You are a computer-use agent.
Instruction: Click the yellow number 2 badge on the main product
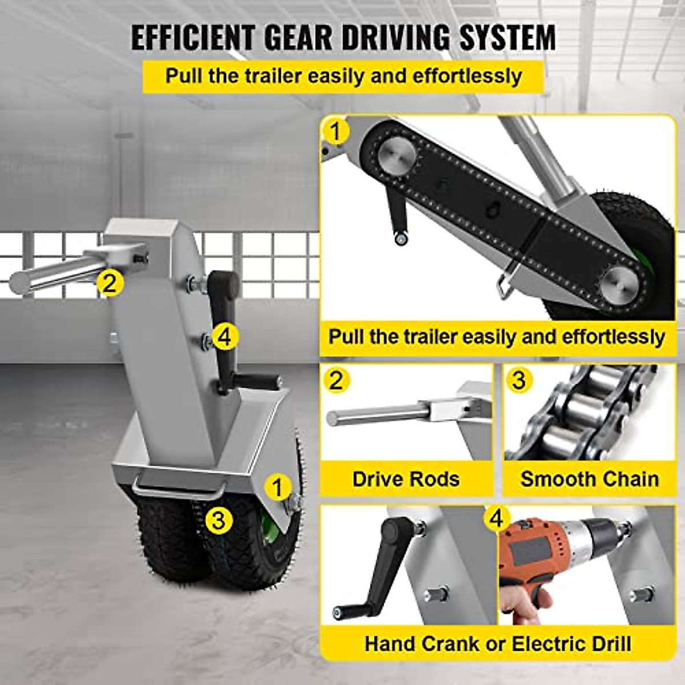pyautogui.click(x=110, y=283)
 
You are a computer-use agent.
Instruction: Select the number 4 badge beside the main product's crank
pyautogui.click(x=224, y=337)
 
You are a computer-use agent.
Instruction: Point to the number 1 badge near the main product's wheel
pyautogui.click(x=278, y=488)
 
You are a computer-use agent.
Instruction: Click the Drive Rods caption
pyautogui.click(x=406, y=479)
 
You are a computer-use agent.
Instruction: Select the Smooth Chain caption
pyautogui.click(x=589, y=479)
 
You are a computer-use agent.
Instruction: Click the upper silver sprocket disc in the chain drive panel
pyautogui.click(x=393, y=154)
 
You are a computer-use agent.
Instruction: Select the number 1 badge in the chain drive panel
pyautogui.click(x=336, y=131)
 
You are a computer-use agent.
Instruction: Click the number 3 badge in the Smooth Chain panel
pyautogui.click(x=519, y=380)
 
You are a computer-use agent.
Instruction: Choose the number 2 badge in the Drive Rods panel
pyautogui.click(x=336, y=381)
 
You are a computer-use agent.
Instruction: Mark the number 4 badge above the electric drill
pyautogui.click(x=497, y=519)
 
